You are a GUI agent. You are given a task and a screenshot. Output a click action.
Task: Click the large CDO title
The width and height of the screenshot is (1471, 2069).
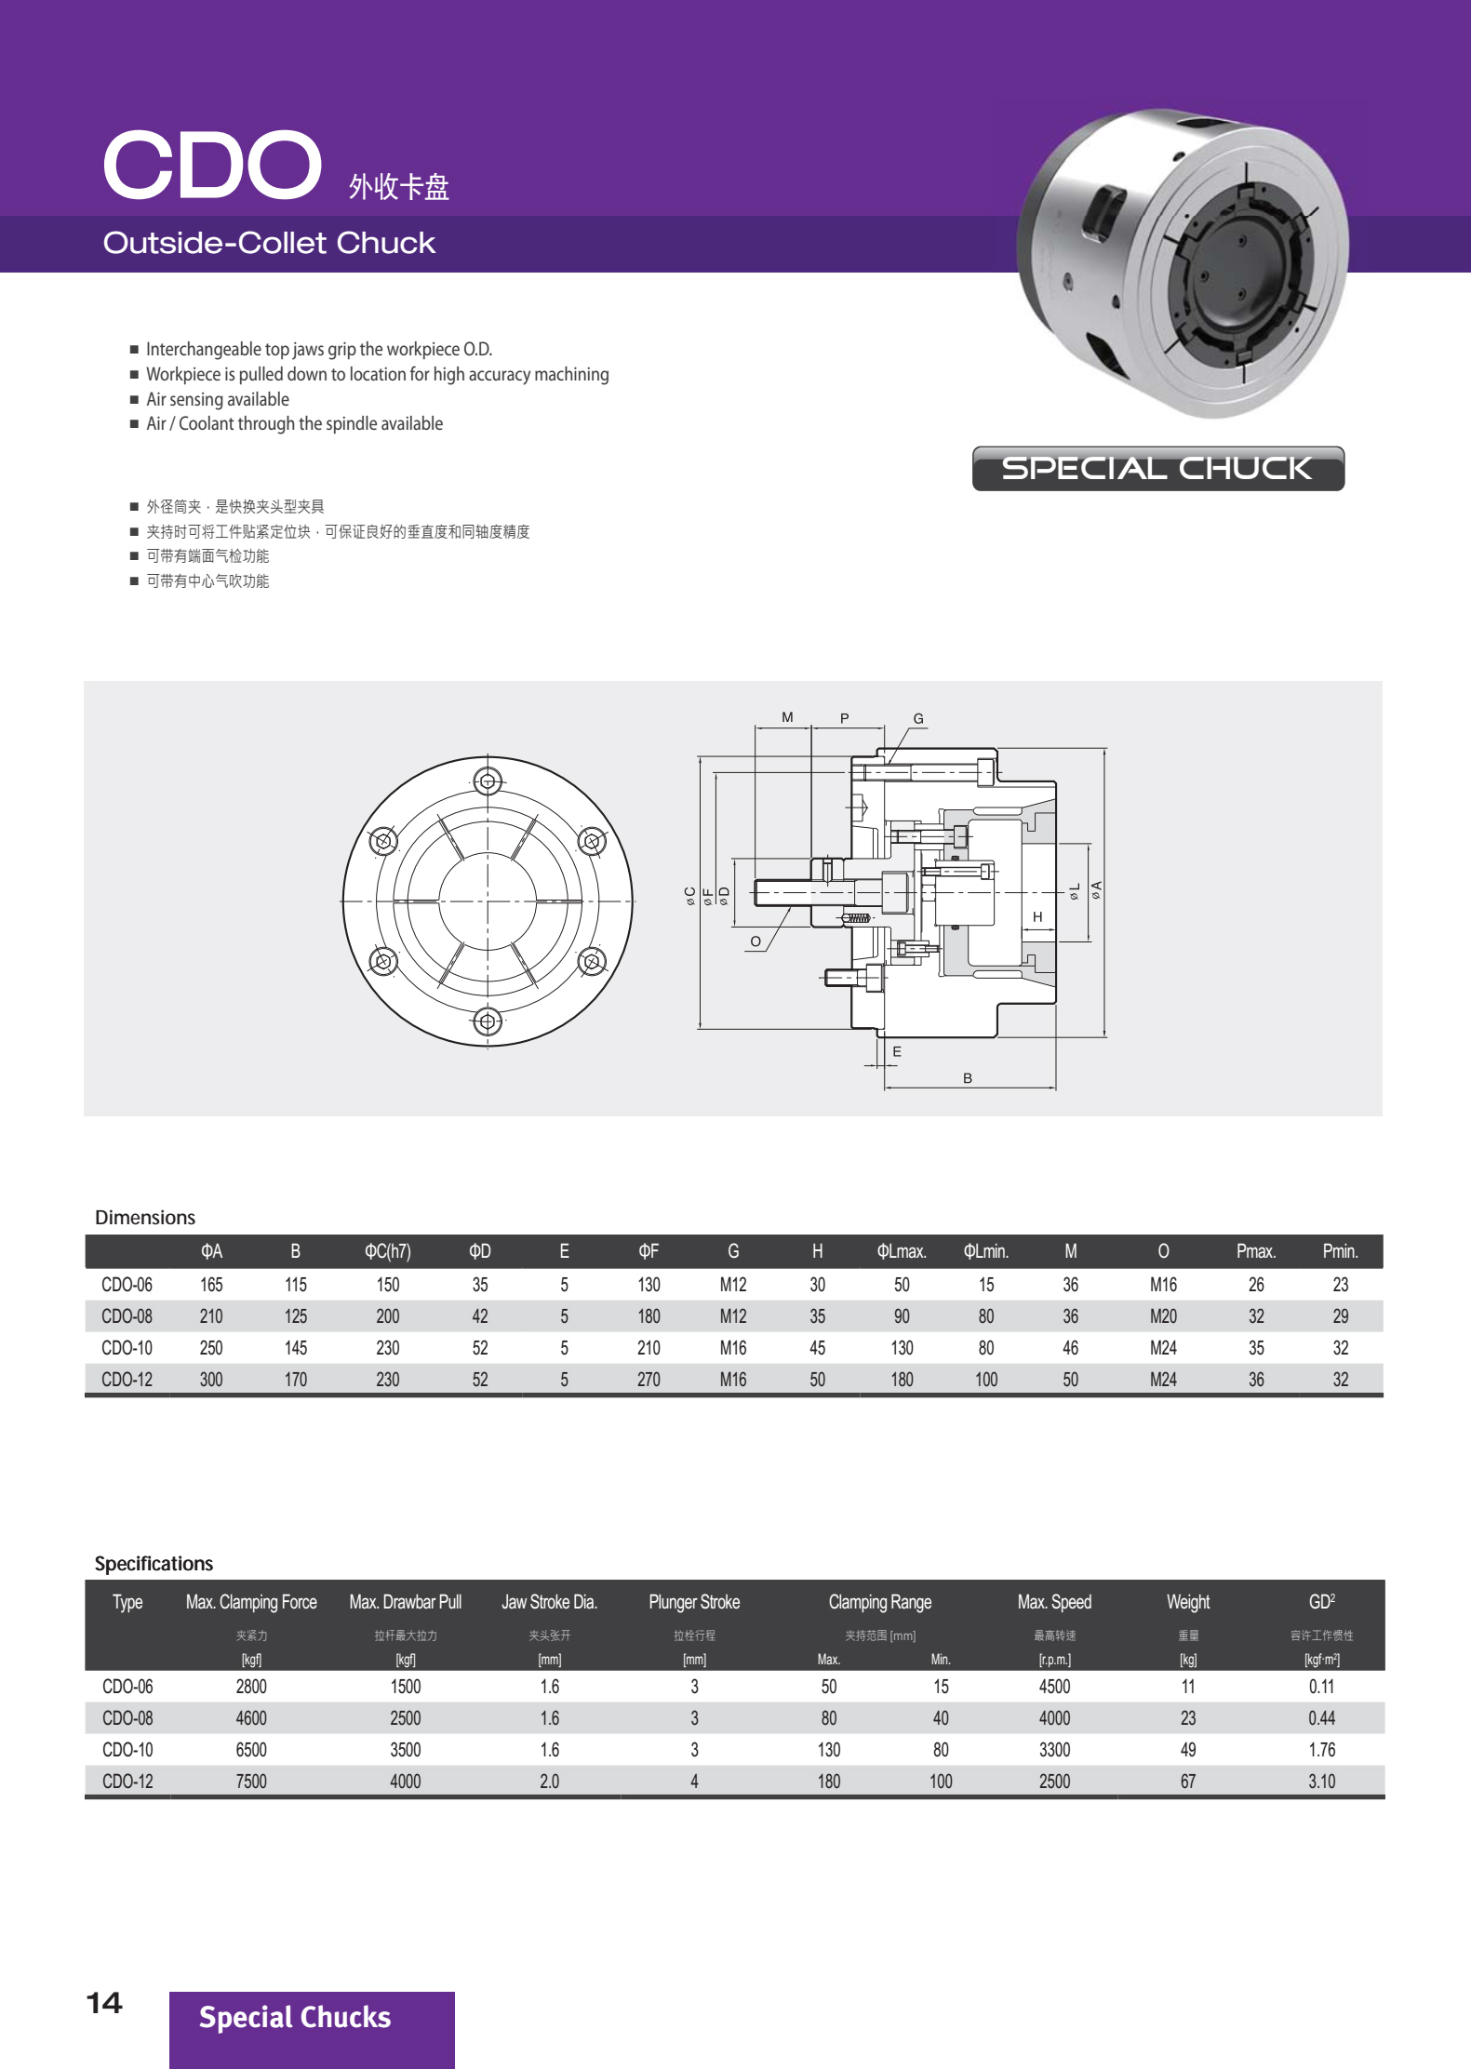point(212,166)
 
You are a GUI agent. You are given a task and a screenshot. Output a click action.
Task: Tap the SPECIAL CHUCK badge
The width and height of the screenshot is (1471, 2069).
point(1157,468)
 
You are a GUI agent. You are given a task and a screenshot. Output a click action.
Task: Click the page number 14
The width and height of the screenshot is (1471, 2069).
point(104,2002)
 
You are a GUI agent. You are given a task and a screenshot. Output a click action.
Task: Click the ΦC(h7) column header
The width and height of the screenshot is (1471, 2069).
point(387,1251)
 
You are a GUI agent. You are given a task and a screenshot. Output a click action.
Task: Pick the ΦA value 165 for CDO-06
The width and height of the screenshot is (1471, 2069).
point(211,1285)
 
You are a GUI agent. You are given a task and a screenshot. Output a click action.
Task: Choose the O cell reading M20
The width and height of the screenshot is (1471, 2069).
point(1163,1316)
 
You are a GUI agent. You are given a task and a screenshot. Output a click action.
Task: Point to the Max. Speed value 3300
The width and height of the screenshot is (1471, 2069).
point(1054,1750)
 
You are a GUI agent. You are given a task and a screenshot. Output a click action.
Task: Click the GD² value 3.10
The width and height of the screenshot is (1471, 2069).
point(1321,1782)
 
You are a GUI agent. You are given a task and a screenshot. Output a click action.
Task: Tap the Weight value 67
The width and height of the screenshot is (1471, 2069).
point(1188,1782)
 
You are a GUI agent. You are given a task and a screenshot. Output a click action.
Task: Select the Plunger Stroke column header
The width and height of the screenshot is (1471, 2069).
point(694,1602)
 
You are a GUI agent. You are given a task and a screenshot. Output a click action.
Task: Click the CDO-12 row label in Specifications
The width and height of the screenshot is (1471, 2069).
point(127,1782)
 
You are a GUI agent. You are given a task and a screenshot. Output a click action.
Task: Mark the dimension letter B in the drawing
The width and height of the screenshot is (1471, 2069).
point(968,1078)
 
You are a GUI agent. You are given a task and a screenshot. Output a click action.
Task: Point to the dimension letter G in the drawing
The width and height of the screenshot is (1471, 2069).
point(918,718)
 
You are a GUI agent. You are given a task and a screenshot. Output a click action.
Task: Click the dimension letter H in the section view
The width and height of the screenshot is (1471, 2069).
point(1037,916)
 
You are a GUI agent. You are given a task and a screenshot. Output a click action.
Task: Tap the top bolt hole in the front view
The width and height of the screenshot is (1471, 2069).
point(488,781)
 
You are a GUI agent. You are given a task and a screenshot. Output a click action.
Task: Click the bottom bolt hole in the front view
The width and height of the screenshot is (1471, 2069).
point(488,1021)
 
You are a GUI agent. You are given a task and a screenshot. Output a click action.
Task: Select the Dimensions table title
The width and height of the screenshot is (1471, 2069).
point(145,1218)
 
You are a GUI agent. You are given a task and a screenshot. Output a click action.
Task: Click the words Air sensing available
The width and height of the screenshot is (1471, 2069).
point(218,399)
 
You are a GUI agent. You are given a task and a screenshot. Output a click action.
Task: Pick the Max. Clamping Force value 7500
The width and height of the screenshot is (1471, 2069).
point(251,1782)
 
